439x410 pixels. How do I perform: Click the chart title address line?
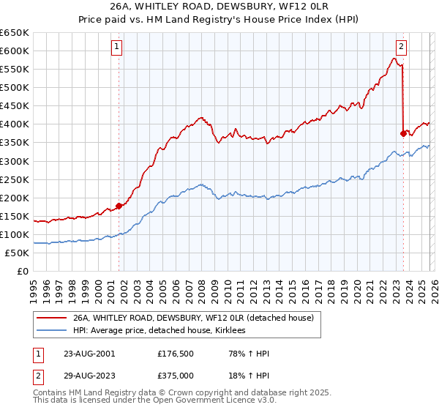click(219, 7)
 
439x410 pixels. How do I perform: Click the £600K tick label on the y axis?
click(15, 51)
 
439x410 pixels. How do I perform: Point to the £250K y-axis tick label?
click(15, 179)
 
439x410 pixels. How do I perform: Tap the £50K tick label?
click(18, 253)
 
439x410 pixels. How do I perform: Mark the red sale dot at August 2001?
click(119, 206)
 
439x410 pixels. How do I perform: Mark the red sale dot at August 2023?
click(403, 133)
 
